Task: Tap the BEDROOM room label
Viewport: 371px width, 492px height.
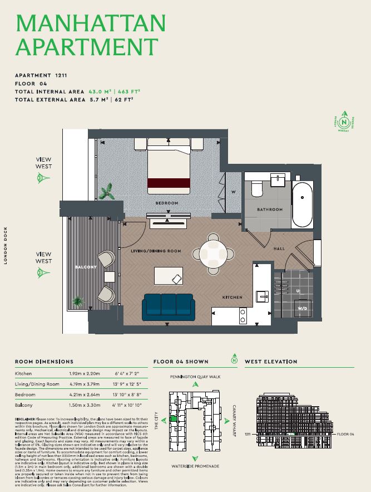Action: tap(166, 203)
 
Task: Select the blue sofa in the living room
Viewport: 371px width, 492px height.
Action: tap(169, 306)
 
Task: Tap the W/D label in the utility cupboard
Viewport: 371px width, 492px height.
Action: tap(303, 308)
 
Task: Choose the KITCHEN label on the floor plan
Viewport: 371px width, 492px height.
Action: tap(233, 298)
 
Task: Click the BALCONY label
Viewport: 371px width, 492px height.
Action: tap(86, 267)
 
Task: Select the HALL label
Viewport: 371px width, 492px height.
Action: tap(279, 250)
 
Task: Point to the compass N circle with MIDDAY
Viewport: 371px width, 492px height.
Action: tap(345, 121)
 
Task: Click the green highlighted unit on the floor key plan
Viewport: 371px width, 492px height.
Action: tap(174, 418)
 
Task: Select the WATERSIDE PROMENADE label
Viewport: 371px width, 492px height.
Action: tap(195, 465)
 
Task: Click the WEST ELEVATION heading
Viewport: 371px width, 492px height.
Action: tap(271, 362)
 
